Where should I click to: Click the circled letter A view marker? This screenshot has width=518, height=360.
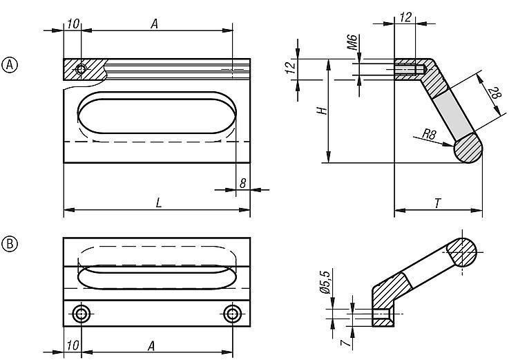coord(10,65)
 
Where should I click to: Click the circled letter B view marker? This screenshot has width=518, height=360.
coord(10,244)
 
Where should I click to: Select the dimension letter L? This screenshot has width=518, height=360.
coord(159,202)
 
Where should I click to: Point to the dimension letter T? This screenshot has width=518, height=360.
coord(438,203)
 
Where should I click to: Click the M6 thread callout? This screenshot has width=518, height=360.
coord(352,41)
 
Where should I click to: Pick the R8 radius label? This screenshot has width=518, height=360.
coord(430,134)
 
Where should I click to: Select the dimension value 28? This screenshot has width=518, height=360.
coord(495,93)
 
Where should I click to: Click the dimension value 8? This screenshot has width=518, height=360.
coord(243,183)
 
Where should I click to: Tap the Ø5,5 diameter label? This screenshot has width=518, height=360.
coord(325,282)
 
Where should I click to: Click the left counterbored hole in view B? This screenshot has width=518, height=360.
coord(81,314)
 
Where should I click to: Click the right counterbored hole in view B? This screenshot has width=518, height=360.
coord(232,314)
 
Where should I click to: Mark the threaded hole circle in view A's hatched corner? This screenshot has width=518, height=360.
coord(81,69)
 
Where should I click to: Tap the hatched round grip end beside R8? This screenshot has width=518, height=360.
coord(468,148)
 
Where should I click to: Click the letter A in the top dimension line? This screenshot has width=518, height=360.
coord(154,23)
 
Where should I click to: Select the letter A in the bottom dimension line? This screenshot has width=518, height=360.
coord(151,346)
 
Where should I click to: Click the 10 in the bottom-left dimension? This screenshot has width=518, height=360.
coord(73,345)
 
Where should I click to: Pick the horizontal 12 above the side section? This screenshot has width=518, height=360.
coord(405,17)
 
